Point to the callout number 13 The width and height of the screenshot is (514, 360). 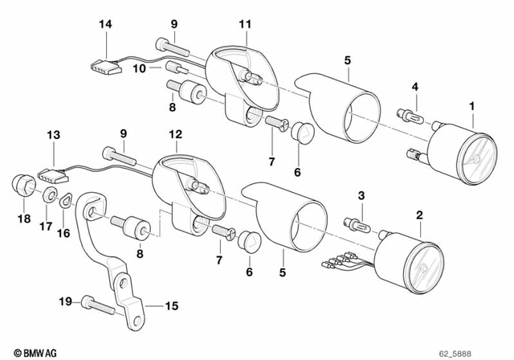coord(54,135)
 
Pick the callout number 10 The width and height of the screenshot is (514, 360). coord(139,69)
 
